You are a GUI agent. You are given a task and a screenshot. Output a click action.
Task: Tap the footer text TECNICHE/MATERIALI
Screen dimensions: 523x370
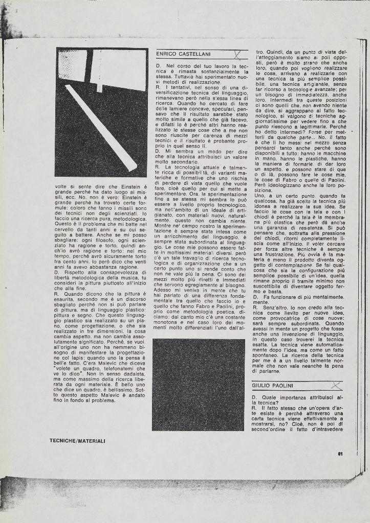pyautogui.click(x=77, y=440)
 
